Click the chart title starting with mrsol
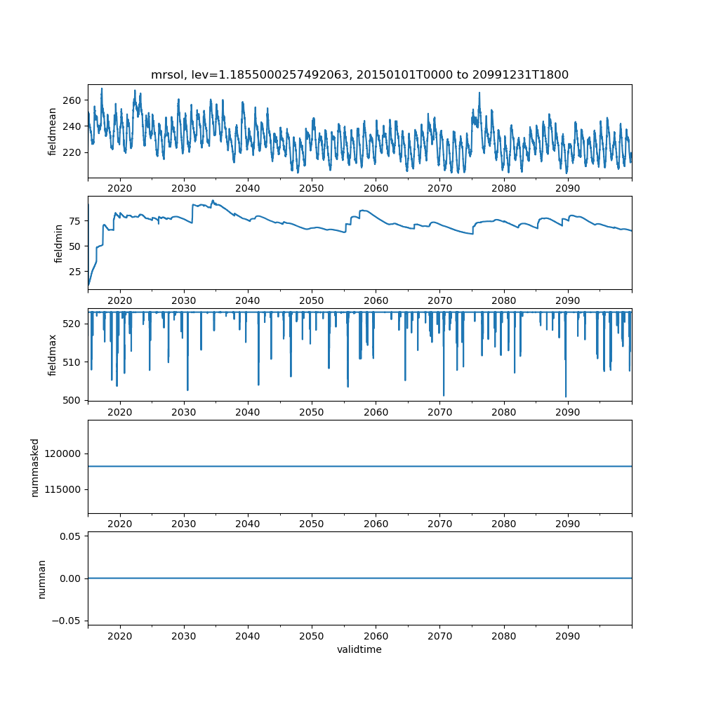tap(359, 74)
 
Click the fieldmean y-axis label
tap(53, 132)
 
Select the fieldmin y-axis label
tap(58, 244)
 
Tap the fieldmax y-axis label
tap(53, 355)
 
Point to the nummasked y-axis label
tap(35, 468)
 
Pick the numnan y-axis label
tap(41, 579)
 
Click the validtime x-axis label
tap(359, 649)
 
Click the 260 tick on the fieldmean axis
tap(72, 100)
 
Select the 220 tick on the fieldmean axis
tap(72, 152)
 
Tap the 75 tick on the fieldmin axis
tap(75, 221)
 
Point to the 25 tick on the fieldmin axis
tap(75, 272)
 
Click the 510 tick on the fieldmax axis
tap(72, 362)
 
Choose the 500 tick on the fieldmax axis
tap(72, 401)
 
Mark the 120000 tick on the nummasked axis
tap(62, 454)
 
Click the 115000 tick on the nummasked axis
tap(62, 490)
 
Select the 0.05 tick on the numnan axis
tap(71, 536)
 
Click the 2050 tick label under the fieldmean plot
tap(312, 188)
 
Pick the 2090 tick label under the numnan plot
tap(568, 636)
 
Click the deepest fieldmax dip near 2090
tap(566, 397)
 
